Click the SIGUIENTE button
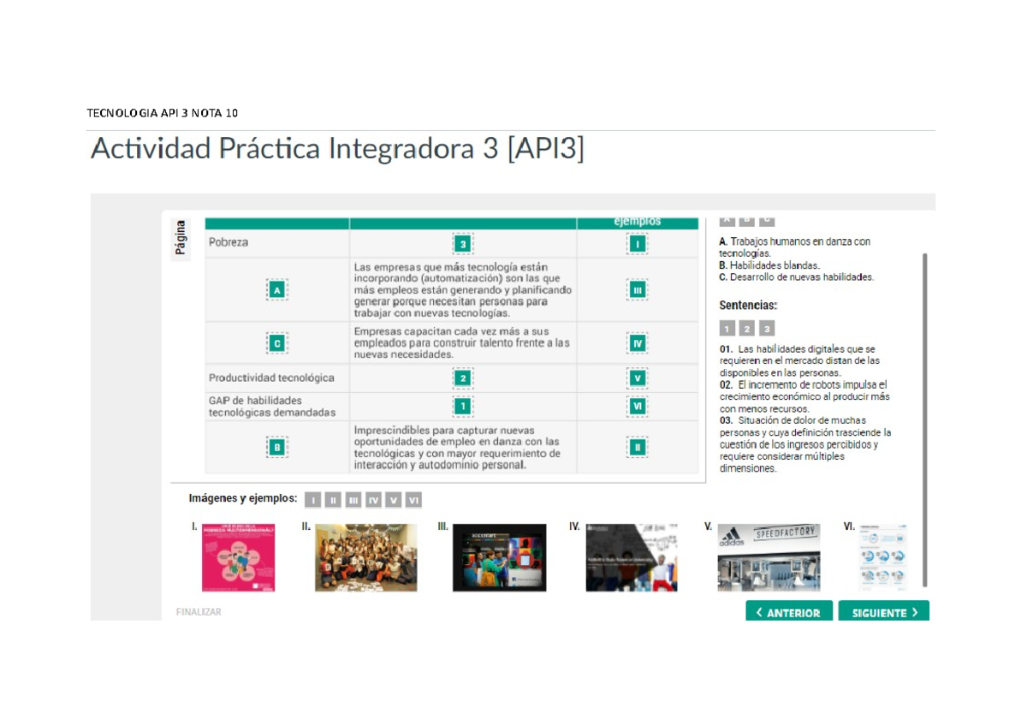(x=883, y=612)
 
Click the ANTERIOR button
(x=788, y=612)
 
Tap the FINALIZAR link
(x=199, y=612)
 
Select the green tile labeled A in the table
(x=276, y=291)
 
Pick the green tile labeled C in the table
(x=276, y=343)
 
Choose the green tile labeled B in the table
(x=276, y=447)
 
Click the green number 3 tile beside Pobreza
(x=463, y=244)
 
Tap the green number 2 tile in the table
(x=463, y=378)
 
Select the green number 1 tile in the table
(x=463, y=406)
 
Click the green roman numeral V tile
(x=637, y=378)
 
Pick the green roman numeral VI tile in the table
(x=637, y=406)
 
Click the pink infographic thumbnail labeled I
(x=238, y=557)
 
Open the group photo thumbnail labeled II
(x=366, y=557)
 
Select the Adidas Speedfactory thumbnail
(x=769, y=557)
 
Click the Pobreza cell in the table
(x=229, y=242)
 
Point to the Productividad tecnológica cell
(x=271, y=378)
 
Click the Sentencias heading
(x=747, y=305)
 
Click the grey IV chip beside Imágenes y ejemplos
(x=373, y=500)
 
